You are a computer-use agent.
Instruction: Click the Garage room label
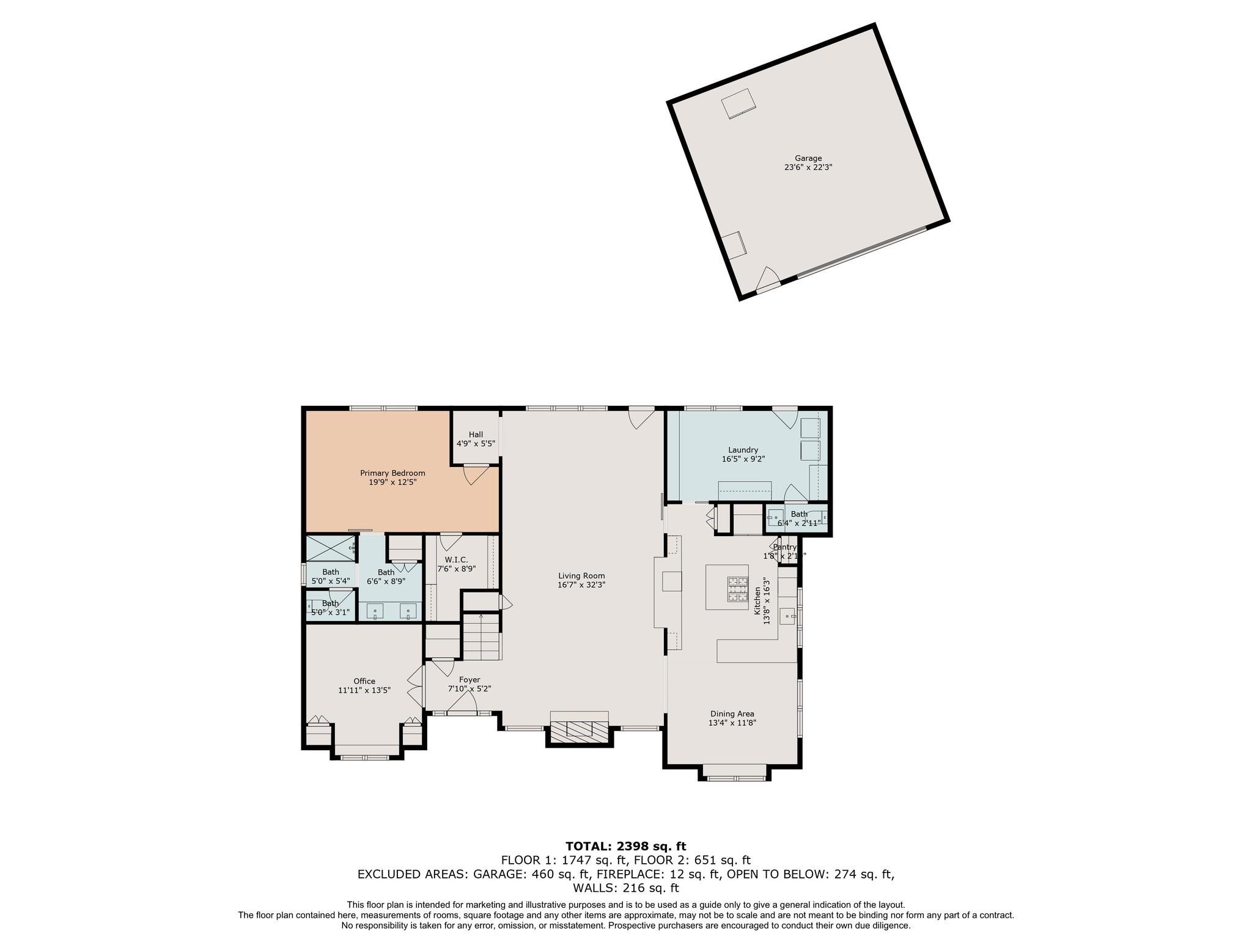point(808,158)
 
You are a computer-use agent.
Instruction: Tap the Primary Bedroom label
point(392,473)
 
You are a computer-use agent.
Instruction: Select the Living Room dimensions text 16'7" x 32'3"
point(581,584)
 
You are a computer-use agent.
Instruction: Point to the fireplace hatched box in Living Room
point(579,729)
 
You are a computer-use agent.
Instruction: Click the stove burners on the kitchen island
point(737,589)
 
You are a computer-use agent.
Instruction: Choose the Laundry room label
point(743,450)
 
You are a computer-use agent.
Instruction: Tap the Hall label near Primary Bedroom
point(476,435)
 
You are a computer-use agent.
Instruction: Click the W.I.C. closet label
point(456,559)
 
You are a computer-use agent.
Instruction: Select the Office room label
point(364,681)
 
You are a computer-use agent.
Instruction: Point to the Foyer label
point(469,680)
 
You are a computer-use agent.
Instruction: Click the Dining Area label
point(732,713)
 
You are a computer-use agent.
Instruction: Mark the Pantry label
point(785,547)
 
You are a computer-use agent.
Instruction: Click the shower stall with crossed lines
point(330,548)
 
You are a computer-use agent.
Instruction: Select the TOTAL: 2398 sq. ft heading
point(625,847)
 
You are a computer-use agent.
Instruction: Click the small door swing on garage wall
point(767,280)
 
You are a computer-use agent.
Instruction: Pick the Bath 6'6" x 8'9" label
point(386,572)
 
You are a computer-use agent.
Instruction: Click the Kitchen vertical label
point(757,601)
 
